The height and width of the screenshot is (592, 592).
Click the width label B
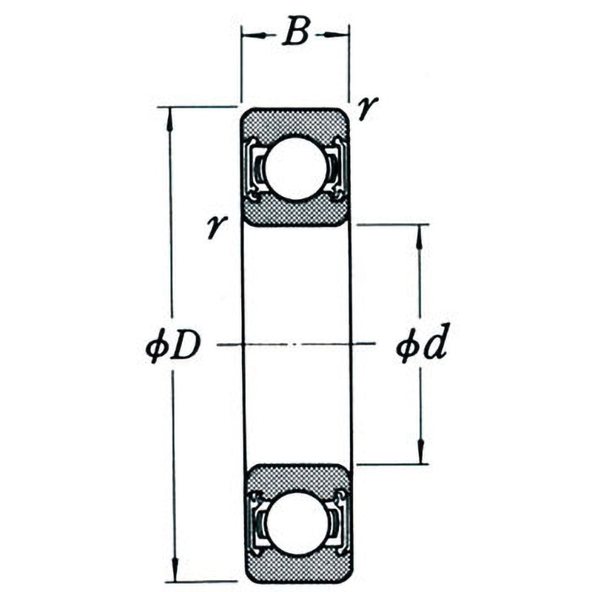coord(296,31)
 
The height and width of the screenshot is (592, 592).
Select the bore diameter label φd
coord(421,342)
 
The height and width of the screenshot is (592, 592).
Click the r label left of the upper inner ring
coord(217,226)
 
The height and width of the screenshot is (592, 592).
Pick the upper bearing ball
coord(295,169)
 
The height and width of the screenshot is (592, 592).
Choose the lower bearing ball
coord(297,523)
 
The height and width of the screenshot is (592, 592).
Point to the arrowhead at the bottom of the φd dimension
coord(421,451)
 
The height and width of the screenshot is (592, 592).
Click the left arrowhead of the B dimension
coord(253,35)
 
